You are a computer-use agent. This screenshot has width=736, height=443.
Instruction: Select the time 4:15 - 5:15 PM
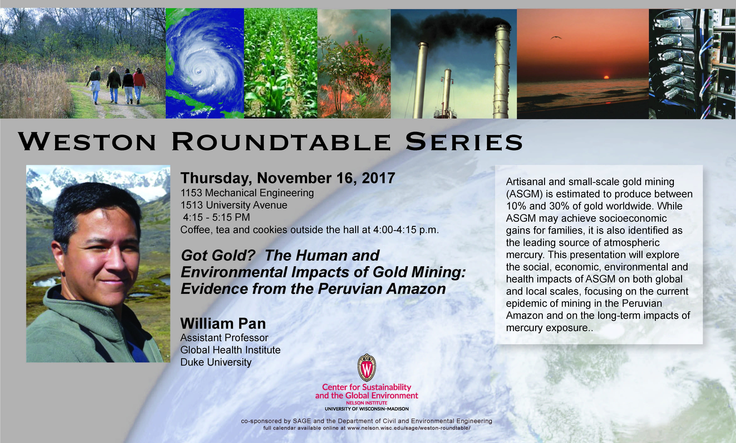click(x=216, y=217)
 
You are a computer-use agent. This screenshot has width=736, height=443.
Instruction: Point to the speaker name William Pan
click(x=223, y=324)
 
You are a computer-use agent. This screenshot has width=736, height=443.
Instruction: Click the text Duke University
click(x=216, y=362)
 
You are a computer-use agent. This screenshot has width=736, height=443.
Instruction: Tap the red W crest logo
click(x=367, y=368)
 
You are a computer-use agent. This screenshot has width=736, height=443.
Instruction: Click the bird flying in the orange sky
click(x=556, y=38)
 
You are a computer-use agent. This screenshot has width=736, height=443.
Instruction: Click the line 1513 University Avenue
click(x=234, y=205)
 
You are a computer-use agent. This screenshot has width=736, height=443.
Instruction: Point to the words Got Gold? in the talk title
click(x=218, y=256)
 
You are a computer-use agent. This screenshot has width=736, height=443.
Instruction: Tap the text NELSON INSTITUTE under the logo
click(x=367, y=403)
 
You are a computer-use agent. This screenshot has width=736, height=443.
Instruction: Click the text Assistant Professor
click(x=224, y=338)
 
